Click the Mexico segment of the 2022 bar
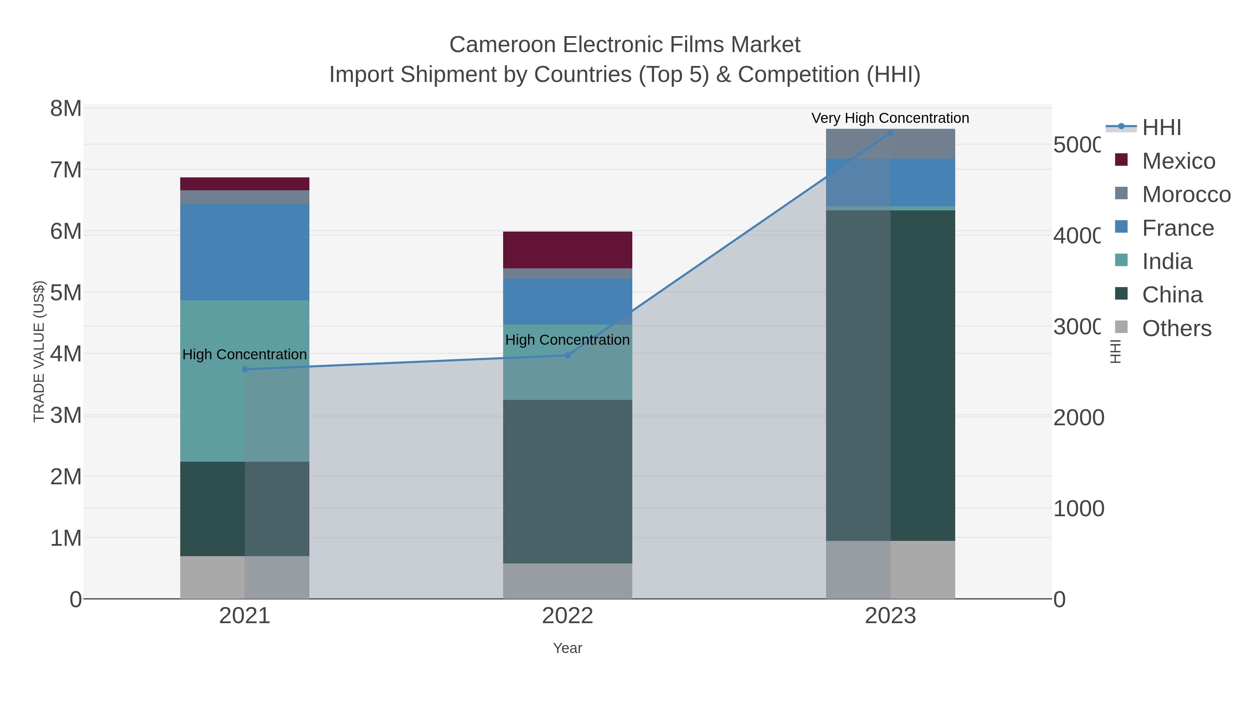567,250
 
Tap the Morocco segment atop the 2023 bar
890,144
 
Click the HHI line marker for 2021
244,369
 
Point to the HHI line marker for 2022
567,355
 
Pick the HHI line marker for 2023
890,133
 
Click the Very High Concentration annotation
890,118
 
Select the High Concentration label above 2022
567,340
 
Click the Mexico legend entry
1178,161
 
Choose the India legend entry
1167,261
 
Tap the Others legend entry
1176,328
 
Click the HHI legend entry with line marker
1161,128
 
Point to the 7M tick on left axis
66,170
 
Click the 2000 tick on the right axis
1078,418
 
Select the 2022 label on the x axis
567,616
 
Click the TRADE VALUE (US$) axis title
39,351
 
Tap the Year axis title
567,648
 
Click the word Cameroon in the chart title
502,45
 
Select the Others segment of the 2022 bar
567,581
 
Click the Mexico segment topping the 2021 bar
244,184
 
